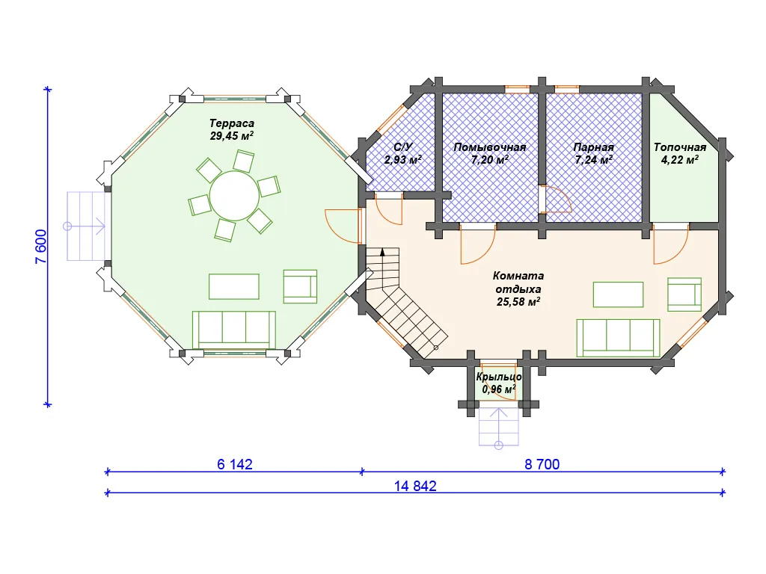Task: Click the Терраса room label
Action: tap(232, 123)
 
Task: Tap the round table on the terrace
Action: tap(234, 196)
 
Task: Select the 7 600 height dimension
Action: tap(42, 247)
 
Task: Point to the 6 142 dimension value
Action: tap(235, 464)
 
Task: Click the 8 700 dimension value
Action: tap(542, 464)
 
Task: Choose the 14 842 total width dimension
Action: tap(415, 486)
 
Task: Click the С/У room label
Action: tap(403, 147)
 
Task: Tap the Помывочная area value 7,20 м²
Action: tap(490, 160)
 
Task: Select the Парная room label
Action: tap(593, 147)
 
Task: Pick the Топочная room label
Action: tap(680, 147)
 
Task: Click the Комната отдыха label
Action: tap(518, 282)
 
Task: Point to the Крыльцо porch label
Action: tap(499, 377)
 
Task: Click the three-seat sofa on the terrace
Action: tap(234, 330)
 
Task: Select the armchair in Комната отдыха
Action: tap(685, 294)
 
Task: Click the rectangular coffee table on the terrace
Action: tap(234, 286)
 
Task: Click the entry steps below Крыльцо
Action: tap(499, 426)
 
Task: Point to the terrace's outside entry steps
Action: tap(86, 226)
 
